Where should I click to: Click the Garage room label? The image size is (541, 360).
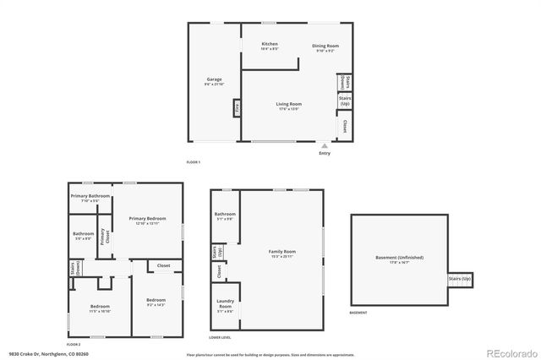[214, 81]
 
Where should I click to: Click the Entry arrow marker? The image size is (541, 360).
[325, 145]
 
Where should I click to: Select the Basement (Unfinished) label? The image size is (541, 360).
[399, 259]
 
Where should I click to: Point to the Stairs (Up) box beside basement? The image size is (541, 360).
[460, 279]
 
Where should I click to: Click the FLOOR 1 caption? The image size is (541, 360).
[194, 161]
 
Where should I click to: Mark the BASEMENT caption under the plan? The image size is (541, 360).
[358, 313]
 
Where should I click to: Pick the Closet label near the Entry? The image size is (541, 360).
[345, 127]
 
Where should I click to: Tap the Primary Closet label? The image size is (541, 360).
[103, 237]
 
